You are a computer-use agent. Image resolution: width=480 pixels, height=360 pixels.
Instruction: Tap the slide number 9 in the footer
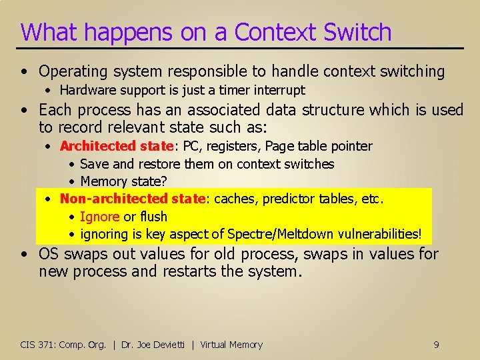click(436, 345)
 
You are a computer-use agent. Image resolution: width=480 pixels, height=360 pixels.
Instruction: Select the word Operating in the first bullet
click(71, 71)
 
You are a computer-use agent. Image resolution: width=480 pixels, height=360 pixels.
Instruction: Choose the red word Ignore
click(99, 217)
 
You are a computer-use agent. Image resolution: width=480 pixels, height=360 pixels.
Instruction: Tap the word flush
click(153, 217)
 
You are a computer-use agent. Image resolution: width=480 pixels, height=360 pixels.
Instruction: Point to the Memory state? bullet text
click(123, 181)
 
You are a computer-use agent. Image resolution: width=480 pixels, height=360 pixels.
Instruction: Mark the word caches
click(233, 199)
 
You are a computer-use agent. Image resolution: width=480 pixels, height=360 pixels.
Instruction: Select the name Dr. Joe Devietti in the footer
click(153, 345)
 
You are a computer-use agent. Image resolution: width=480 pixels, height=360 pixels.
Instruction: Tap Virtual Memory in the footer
click(231, 345)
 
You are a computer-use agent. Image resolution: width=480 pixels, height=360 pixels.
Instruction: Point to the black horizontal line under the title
click(240, 49)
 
